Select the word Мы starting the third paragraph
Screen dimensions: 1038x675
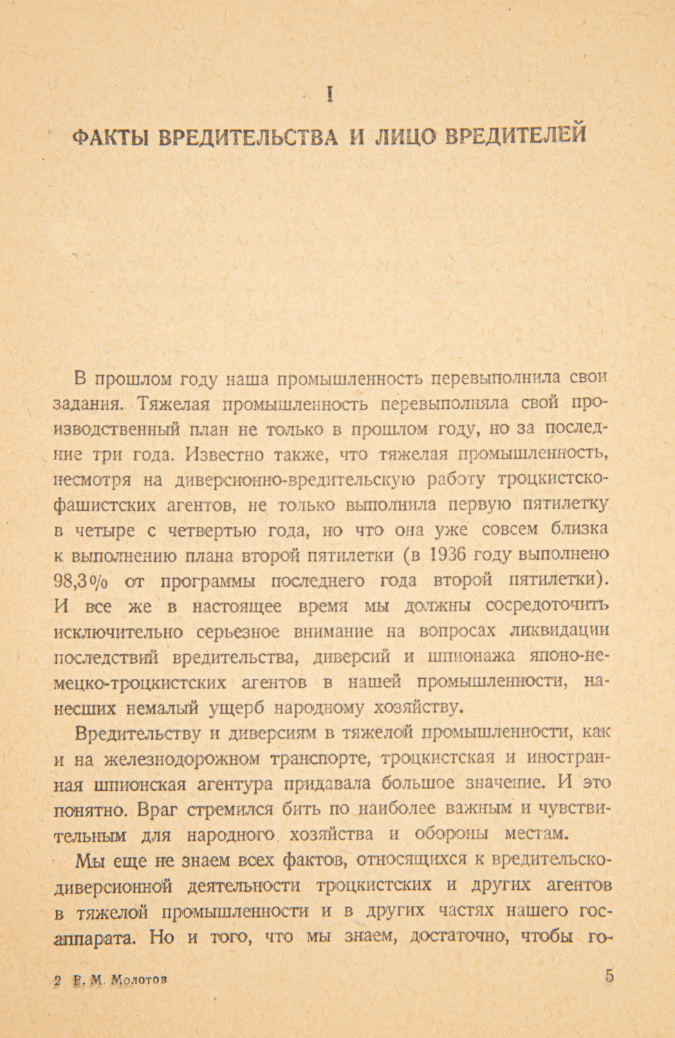87,859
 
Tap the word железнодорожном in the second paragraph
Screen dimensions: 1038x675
181,758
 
